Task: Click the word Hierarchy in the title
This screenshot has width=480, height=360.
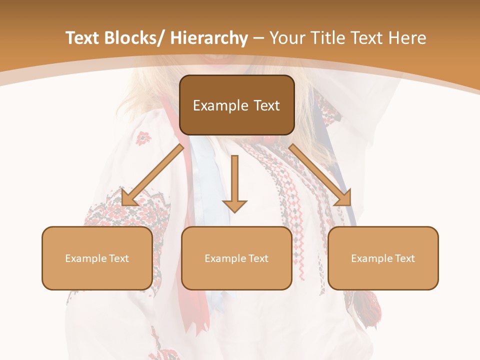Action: point(209,38)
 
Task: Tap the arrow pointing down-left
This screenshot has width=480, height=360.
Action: point(153,174)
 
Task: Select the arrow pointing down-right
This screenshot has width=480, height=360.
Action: point(320,174)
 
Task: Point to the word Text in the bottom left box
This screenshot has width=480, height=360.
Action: point(119,258)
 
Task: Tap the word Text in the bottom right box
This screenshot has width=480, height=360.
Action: point(405,258)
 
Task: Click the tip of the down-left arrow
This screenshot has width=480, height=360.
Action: point(123,204)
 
